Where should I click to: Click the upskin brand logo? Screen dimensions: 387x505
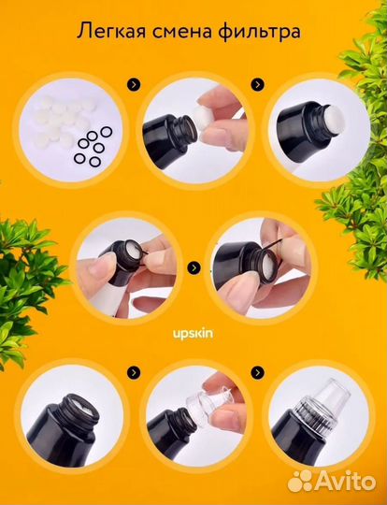coord(193,334)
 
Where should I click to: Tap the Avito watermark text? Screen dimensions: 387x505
coord(345,482)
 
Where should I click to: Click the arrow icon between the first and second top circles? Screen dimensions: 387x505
coord(134,85)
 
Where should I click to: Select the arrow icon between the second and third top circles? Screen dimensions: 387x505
coord(257,85)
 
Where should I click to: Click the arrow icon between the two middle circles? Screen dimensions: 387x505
coord(193,267)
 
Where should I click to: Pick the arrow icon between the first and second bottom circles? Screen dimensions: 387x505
coord(134,372)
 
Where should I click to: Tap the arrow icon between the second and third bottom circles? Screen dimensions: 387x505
coord(257,372)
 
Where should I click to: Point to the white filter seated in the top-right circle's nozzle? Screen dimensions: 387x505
coord(334,120)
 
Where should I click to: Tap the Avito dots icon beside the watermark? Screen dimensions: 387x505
coord(300,481)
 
